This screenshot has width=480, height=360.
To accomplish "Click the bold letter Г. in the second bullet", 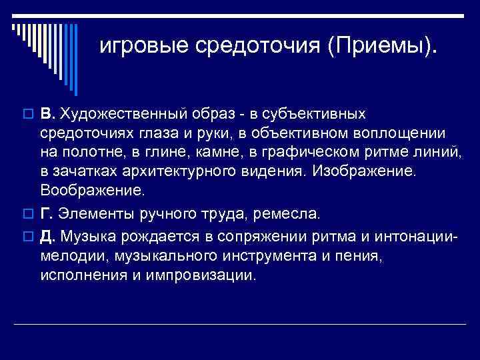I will point(47,214).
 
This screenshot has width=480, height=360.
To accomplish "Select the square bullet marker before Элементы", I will point(27,215).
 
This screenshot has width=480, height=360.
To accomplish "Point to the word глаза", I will point(164,134).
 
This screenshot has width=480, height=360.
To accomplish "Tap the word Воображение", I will point(91,190).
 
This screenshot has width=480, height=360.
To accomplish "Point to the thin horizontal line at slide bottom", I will point(240,324).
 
